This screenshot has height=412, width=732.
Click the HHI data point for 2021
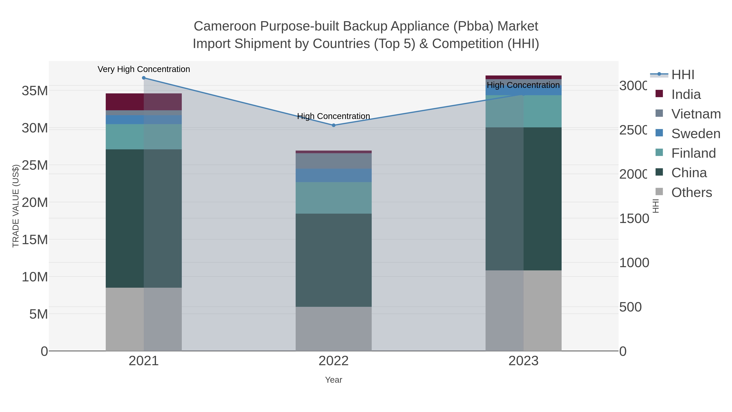pyautogui.click(x=144, y=78)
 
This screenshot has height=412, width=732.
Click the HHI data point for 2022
pyautogui.click(x=334, y=125)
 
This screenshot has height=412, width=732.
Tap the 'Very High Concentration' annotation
pyautogui.click(x=144, y=69)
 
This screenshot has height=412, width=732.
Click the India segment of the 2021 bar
pyautogui.click(x=144, y=102)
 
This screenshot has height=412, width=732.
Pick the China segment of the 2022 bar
pyautogui.click(x=334, y=260)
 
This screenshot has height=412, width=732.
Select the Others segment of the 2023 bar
pyautogui.click(x=523, y=310)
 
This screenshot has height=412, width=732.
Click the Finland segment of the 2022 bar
pyautogui.click(x=334, y=198)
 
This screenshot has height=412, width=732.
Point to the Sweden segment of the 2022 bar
pyautogui.click(x=334, y=175)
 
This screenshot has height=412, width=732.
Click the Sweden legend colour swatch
pyautogui.click(x=659, y=133)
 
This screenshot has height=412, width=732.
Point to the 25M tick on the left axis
pyautogui.click(x=35, y=165)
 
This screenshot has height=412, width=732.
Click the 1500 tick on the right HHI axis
pyautogui.click(x=634, y=218)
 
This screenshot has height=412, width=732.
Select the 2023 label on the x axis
pyautogui.click(x=523, y=361)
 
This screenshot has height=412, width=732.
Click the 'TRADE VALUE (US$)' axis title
pyautogui.click(x=16, y=206)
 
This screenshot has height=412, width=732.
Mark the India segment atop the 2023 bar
pyautogui.click(x=523, y=77)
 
